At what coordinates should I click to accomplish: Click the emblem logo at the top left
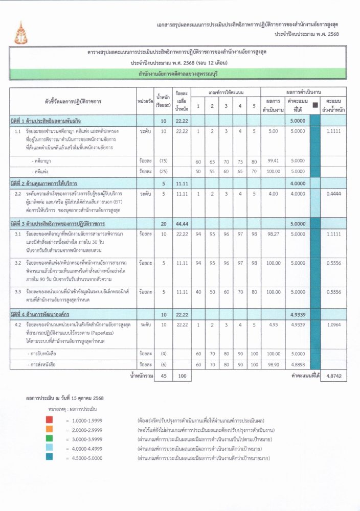click(x=21, y=32)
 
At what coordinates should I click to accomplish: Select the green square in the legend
click(x=49, y=439)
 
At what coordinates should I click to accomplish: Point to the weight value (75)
click(x=163, y=161)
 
